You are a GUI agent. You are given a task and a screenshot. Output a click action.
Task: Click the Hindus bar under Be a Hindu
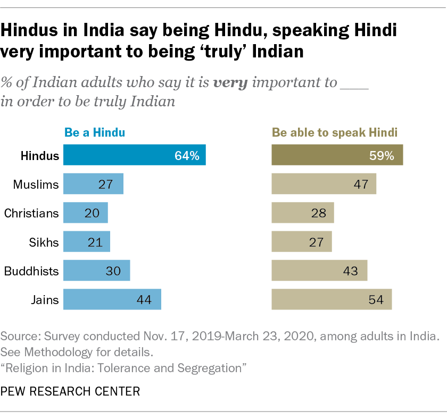click(x=135, y=155)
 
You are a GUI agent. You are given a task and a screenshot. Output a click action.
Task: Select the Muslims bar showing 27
click(x=93, y=184)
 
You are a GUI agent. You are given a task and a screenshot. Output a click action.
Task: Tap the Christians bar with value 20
click(x=85, y=213)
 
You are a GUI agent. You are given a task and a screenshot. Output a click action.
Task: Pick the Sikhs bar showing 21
click(x=86, y=241)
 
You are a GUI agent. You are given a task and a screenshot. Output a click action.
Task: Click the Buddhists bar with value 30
click(x=96, y=270)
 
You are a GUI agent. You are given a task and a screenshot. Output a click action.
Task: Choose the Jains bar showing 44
click(x=112, y=299)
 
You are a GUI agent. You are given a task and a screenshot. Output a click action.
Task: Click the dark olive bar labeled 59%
click(x=337, y=155)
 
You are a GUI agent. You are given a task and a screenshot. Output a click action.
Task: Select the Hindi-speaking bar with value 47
click(x=324, y=184)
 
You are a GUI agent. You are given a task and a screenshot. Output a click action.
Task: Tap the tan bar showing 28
click(x=302, y=213)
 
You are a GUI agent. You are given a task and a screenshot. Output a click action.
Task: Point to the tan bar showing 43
click(x=319, y=270)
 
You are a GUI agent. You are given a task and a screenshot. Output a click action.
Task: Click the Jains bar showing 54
click(x=332, y=299)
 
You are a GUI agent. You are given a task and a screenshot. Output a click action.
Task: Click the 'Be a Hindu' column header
click(x=95, y=132)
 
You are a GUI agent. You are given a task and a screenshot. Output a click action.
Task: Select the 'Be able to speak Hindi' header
click(x=335, y=132)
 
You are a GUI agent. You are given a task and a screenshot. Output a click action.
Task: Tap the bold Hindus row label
click(x=39, y=156)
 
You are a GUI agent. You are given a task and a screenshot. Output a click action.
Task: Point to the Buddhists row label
click(x=31, y=271)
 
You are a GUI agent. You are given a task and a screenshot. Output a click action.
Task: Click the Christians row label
click(x=31, y=213)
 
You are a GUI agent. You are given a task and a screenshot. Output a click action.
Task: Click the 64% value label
click(x=187, y=156)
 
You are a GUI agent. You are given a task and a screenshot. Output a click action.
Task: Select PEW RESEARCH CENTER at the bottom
click(x=70, y=392)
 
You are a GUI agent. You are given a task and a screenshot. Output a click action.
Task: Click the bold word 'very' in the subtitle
click(x=230, y=83)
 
